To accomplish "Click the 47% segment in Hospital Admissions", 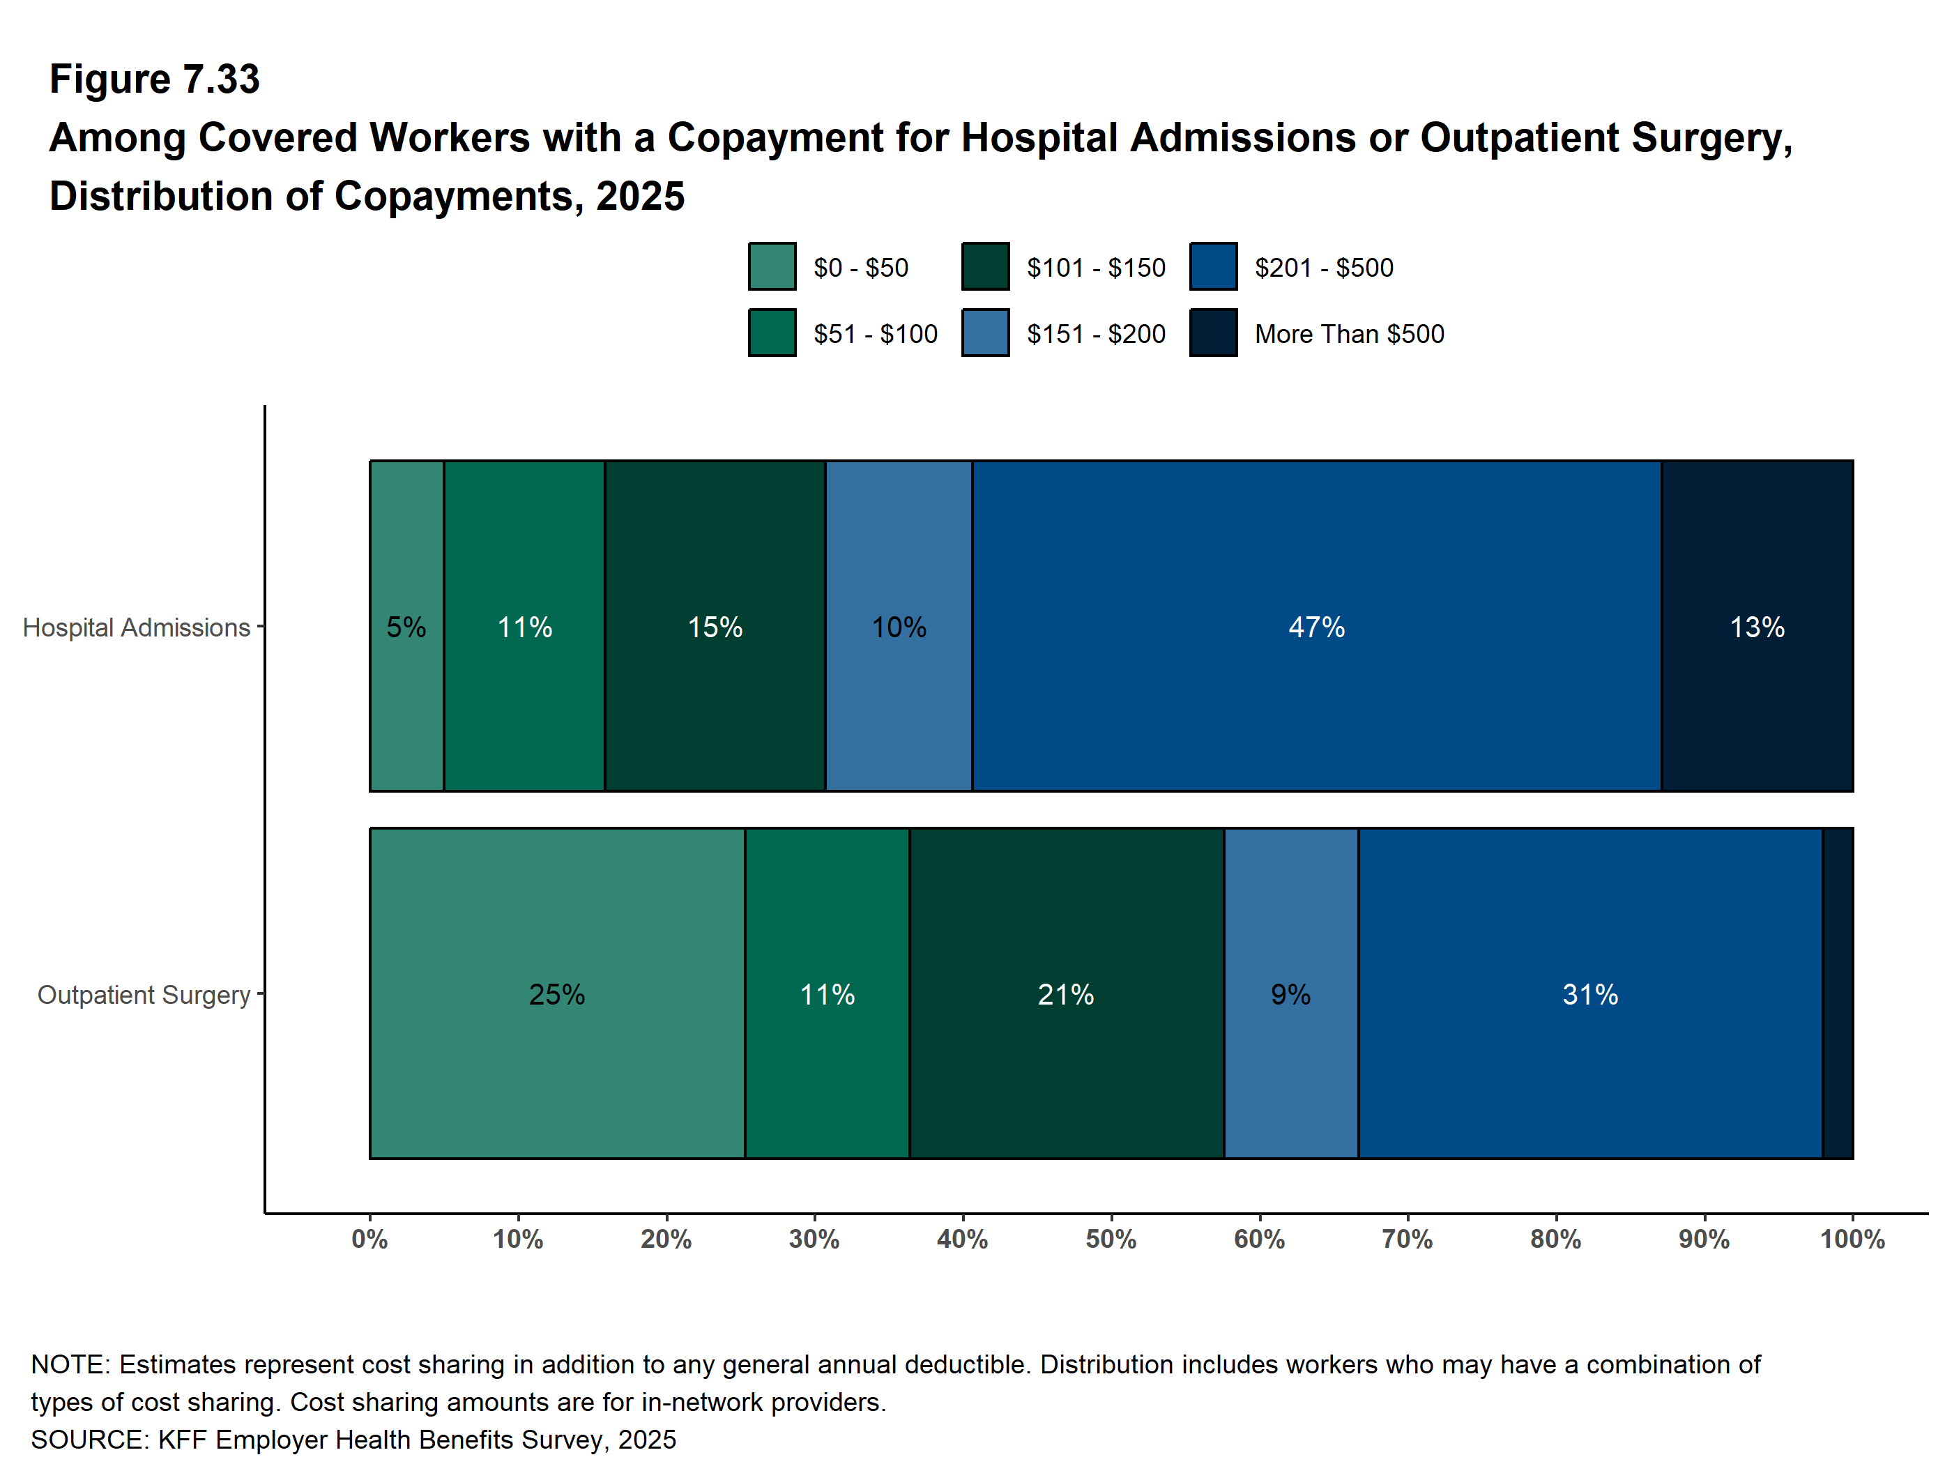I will (1316, 626).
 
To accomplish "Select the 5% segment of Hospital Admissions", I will (406, 626).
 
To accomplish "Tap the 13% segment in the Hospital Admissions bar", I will (1757, 626).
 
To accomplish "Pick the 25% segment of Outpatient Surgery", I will (556, 993).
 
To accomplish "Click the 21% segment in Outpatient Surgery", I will (1066, 993).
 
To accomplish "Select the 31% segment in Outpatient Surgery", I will (1589, 993).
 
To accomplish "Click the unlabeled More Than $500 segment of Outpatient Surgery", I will (1838, 993).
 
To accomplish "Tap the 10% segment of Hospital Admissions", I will (899, 626).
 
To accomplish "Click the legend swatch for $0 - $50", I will (772, 266).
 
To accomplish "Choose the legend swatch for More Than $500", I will (1212, 333).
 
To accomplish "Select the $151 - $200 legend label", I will (1096, 334).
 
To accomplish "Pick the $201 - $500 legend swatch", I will (1212, 266).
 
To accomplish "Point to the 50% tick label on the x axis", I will (1111, 1240).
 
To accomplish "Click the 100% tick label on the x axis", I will (1852, 1240).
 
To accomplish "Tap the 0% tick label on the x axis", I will (369, 1240).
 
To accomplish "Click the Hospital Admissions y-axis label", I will (137, 628).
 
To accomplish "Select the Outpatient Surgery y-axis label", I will (144, 996).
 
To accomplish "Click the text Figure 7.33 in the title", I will (155, 79).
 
